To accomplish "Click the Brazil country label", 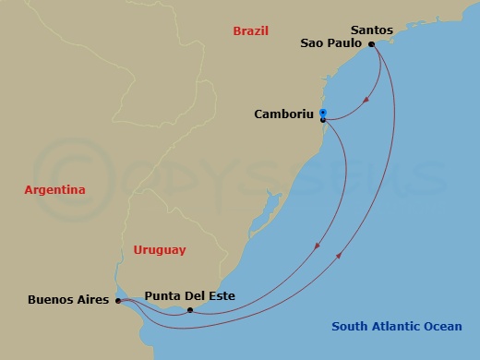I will pos(250,30).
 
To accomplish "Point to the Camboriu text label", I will pos(283,114).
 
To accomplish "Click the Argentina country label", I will pos(54,189).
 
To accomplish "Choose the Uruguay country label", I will pos(159,249).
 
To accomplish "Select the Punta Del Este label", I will pos(189,295).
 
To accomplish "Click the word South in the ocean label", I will pos(350,326).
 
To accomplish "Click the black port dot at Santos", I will pos(371,44).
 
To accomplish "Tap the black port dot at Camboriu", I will pos(323,119).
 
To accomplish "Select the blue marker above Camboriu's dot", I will pos(323,112).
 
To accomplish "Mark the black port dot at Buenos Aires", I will pos(117,300).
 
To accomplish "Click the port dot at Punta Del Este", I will pos(189,310).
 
